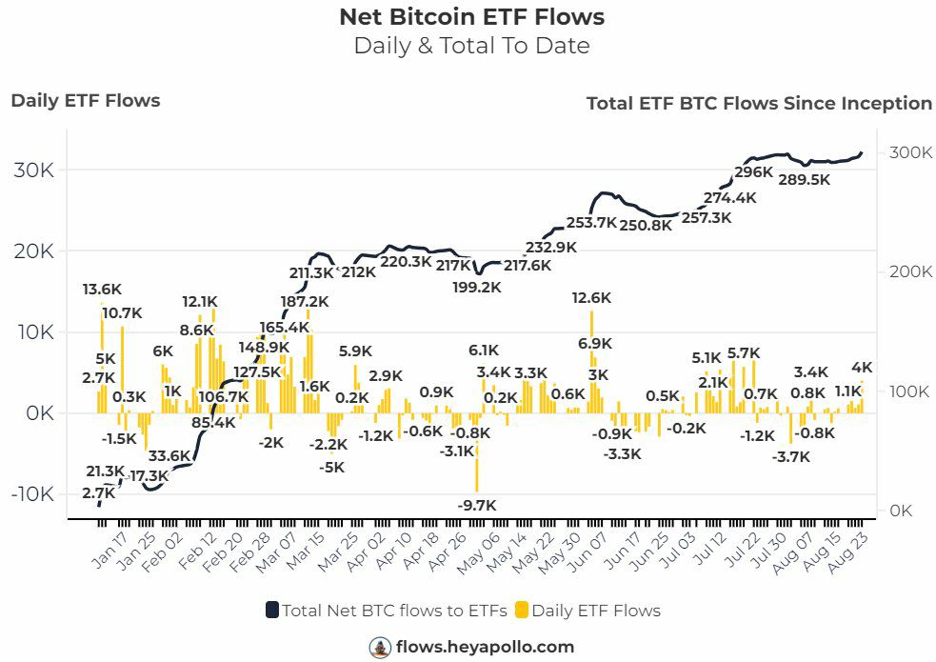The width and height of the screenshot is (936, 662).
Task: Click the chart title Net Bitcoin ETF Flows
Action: click(x=471, y=17)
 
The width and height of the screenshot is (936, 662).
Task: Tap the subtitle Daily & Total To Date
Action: click(x=471, y=46)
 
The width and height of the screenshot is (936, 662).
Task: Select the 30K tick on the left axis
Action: click(x=33, y=171)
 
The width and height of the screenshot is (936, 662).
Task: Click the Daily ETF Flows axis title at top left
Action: click(x=86, y=100)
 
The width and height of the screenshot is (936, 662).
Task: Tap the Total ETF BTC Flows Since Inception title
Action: click(x=759, y=103)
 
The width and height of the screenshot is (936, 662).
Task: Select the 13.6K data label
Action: click(x=102, y=290)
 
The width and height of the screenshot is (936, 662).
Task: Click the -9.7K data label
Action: click(x=476, y=505)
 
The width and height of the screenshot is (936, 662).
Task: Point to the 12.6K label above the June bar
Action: click(x=591, y=298)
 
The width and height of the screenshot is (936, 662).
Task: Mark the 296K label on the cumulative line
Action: click(x=753, y=172)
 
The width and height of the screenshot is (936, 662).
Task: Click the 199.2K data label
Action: click(x=477, y=287)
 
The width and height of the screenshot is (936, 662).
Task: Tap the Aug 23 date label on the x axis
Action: click(x=854, y=550)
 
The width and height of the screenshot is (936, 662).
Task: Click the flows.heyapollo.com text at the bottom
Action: click(x=486, y=647)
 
